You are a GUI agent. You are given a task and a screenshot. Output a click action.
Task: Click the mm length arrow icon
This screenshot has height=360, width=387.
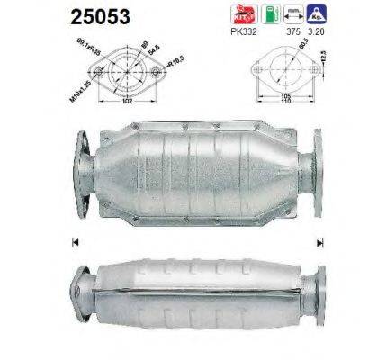293,15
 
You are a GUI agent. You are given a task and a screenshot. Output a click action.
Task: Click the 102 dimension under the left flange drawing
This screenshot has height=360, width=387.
132,101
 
